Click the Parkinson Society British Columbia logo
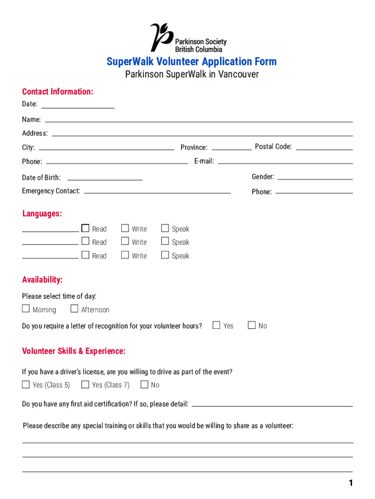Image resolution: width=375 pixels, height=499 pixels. tap(187, 38)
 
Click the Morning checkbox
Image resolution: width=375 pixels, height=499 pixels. tap(26, 308)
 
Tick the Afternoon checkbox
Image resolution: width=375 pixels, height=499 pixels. tap(75, 308)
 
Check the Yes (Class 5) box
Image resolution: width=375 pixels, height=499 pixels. tap(26, 384)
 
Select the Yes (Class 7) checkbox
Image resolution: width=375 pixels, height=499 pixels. tap(85, 384)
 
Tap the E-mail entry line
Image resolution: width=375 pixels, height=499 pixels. tap(285, 162)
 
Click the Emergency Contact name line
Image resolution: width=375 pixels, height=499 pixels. tap(157, 192)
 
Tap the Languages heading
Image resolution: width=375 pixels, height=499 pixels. tap(42, 213)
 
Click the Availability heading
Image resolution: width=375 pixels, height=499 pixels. tap(42, 280)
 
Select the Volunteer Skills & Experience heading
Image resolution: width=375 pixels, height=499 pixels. tap(74, 351)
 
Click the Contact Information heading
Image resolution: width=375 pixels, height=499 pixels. tap(57, 92)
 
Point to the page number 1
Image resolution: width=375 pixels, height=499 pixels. tap(350, 483)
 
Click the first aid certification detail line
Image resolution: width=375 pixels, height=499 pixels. tap(273, 405)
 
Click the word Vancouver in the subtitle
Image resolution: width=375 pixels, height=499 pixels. tap(238, 75)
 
